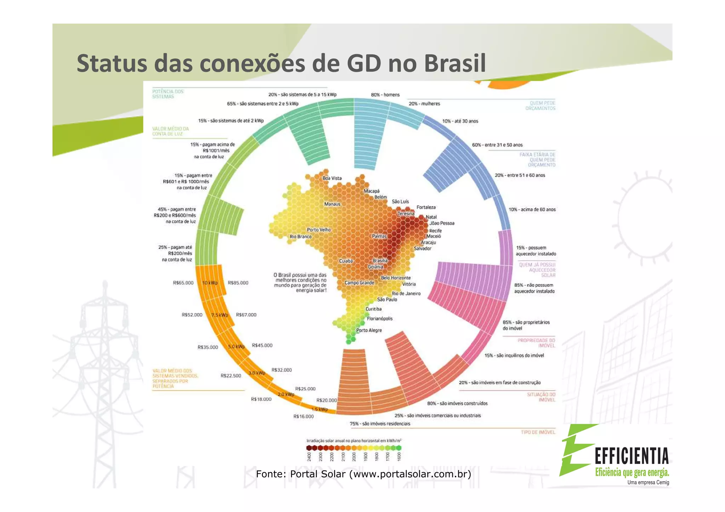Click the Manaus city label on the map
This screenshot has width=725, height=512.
point(332,204)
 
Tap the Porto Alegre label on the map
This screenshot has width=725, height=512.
point(369,330)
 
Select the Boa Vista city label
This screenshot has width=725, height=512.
point(332,178)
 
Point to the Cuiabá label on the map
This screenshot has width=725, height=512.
point(346,261)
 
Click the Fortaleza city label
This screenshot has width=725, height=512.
point(426,207)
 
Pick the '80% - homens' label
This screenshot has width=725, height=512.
point(385,95)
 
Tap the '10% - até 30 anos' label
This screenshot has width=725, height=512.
point(460,121)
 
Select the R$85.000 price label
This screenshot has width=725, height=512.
point(238,283)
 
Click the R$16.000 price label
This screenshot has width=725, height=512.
point(303,416)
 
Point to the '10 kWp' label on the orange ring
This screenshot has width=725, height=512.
point(210,283)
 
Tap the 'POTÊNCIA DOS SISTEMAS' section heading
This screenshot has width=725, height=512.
point(168,94)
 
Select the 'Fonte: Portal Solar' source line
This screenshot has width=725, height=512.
point(363,474)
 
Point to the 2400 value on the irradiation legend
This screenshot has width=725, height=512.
point(309,456)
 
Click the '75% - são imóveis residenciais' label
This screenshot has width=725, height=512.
point(380,424)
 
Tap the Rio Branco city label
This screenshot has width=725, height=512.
point(300,236)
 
